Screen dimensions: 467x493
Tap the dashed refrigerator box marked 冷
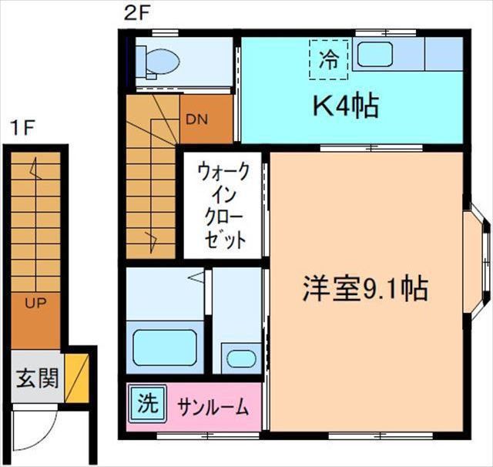[328, 59]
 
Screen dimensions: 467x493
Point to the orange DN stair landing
[205, 119]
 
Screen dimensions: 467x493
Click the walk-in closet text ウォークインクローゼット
[223, 205]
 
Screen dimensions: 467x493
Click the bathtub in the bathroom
[164, 346]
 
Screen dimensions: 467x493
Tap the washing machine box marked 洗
[147, 402]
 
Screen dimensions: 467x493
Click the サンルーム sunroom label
[212, 405]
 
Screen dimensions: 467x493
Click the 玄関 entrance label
[36, 378]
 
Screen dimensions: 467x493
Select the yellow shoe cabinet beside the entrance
[76, 377]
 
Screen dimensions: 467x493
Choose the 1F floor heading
[22, 128]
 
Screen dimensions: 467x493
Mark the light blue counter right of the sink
[443, 54]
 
